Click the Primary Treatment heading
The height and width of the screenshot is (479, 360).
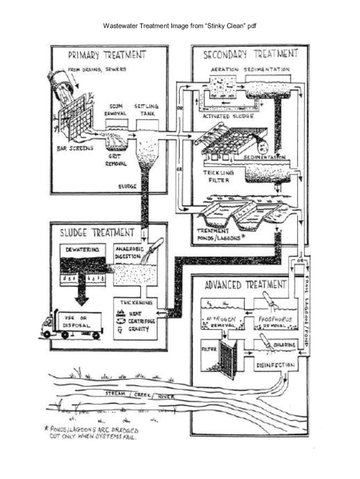coord(107,55)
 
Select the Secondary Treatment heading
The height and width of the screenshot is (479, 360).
coord(250,54)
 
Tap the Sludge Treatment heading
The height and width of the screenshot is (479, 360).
coord(96,232)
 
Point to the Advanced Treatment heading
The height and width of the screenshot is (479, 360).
coord(245,284)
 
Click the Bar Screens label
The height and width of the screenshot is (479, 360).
coord(75,148)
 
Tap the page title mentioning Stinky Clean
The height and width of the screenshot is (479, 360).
coord(180,26)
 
